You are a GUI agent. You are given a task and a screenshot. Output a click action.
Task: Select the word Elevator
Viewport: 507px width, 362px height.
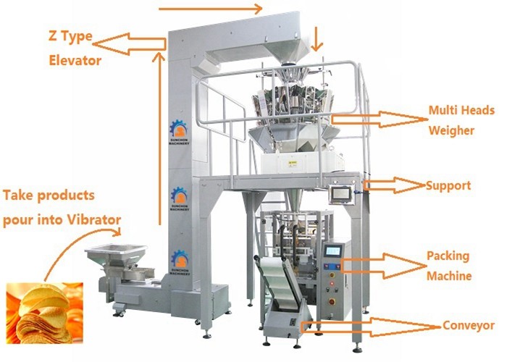point(75,61)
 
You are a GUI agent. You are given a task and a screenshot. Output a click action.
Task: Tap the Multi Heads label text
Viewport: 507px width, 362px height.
point(461,111)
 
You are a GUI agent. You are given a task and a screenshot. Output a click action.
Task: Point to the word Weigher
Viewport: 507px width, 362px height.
point(451,131)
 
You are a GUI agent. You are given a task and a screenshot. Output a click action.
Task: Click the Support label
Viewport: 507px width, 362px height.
point(448,185)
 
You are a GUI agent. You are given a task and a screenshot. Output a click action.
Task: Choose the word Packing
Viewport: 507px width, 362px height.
point(448,256)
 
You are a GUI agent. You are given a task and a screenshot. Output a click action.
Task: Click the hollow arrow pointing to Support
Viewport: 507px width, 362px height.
point(395,186)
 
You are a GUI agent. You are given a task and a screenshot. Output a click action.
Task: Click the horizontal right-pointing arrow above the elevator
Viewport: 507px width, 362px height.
point(210,9)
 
